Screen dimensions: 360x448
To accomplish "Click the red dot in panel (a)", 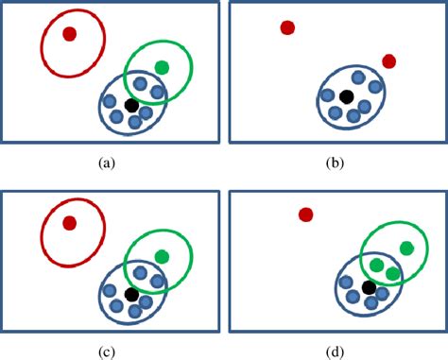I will coord(69,34).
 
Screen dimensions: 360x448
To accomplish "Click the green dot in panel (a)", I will coord(162,67).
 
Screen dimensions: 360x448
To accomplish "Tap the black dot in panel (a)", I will coord(131,105).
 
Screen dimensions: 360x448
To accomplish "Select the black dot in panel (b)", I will coord(347,96).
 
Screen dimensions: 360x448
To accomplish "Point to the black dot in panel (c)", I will coord(131,295).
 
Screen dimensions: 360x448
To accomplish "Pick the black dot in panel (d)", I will coord(369,286).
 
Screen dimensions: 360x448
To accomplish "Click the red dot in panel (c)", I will coord(69,223).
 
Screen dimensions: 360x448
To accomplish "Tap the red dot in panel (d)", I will coord(305,214).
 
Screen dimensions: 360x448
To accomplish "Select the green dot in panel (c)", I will coord(162,256).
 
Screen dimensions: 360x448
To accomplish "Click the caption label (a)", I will coord(106,163).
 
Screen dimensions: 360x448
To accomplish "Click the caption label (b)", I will coord(335,163).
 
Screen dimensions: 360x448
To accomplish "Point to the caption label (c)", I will coord(106,351).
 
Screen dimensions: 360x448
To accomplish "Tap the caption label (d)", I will coord(335,351).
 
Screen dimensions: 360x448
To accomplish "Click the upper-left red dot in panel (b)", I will coord(287,27).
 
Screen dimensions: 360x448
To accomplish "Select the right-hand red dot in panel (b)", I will coord(388,61).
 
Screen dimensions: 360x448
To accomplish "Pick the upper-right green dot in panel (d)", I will coord(406,248).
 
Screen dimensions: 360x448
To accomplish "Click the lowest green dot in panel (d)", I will coord(392,273).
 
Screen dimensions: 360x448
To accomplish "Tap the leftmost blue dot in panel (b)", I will coord(327,96).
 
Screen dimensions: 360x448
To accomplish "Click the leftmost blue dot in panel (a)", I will coord(110,101).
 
